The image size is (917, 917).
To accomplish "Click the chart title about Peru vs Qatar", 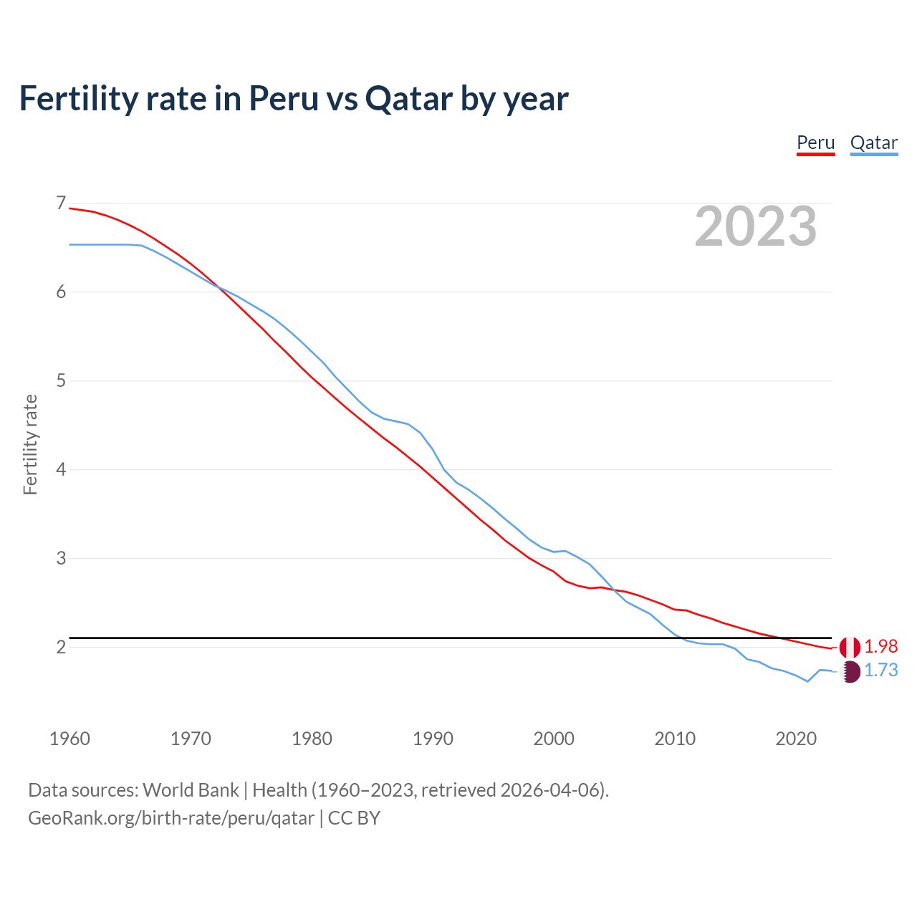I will point(294,99).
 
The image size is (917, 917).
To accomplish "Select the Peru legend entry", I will point(815,143).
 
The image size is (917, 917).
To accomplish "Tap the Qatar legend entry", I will point(873,143).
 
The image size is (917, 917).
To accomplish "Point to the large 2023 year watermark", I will point(755,226).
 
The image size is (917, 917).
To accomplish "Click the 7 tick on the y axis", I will point(61,203).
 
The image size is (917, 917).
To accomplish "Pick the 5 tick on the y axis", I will point(61,380).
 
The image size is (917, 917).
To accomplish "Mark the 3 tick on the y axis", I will point(61,558).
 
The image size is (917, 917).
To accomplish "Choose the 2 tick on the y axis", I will point(61,647).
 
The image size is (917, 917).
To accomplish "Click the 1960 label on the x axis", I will point(69,739).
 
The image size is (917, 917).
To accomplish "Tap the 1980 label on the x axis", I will point(312,739).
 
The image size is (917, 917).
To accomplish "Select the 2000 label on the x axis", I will point(554,739).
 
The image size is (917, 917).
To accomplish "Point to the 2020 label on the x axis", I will point(796,739).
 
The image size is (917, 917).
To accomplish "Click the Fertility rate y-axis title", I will point(30,444).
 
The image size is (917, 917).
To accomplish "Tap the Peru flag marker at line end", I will point(850,647).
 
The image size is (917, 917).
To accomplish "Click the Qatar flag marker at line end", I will point(850,671).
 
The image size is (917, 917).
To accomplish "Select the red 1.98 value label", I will point(880,646).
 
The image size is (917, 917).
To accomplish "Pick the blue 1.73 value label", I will point(880,671).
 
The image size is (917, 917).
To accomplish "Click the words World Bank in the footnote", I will point(191,790).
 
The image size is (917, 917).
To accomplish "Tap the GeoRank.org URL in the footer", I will point(171,818).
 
